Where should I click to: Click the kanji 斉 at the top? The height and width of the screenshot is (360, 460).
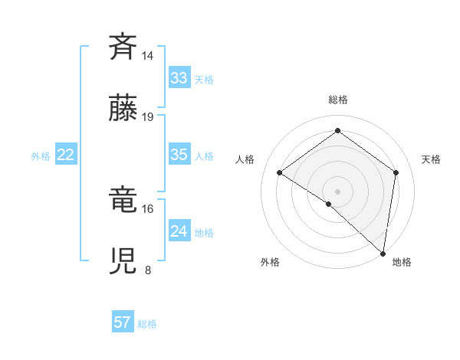pyautogui.click(x=123, y=47)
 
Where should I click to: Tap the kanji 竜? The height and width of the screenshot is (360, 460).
pyautogui.click(x=123, y=200)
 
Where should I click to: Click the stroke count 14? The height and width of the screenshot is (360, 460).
pyautogui.click(x=148, y=56)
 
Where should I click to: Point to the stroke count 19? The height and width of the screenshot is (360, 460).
pyautogui.click(x=148, y=117)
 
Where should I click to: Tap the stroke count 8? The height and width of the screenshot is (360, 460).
pyautogui.click(x=148, y=270)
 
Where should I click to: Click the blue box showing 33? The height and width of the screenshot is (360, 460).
pyautogui.click(x=179, y=78)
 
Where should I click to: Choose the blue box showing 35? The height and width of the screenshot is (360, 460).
pyautogui.click(x=179, y=155)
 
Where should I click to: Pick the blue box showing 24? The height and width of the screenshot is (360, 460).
pyautogui.click(x=179, y=231)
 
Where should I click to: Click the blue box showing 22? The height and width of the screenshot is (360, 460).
pyautogui.click(x=66, y=155)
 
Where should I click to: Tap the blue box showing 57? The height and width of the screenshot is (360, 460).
pyautogui.click(x=123, y=322)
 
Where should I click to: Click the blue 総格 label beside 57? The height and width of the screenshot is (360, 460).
pyautogui.click(x=147, y=324)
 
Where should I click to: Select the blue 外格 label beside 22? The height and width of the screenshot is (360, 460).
pyautogui.click(x=41, y=156)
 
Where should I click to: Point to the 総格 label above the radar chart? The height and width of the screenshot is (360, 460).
pyautogui.click(x=338, y=100)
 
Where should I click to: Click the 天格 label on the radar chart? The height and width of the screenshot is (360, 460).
pyautogui.click(x=431, y=159)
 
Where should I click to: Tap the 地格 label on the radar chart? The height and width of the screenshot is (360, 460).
pyautogui.click(x=402, y=263)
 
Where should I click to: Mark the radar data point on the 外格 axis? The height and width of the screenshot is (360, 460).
pyautogui.click(x=329, y=204)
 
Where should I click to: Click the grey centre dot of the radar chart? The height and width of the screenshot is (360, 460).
pyautogui.click(x=338, y=191)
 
